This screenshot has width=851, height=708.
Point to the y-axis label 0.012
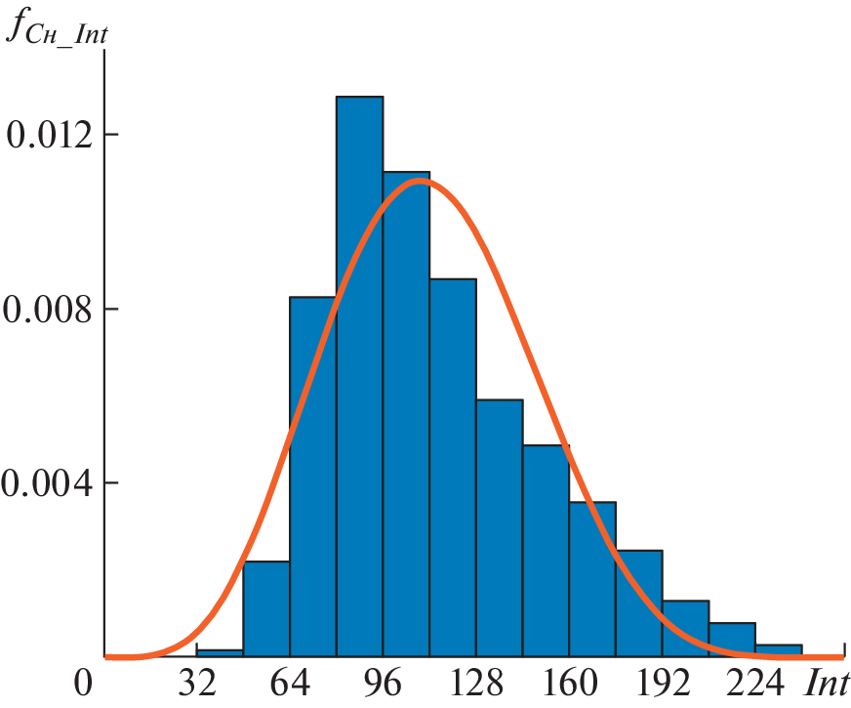(49, 134)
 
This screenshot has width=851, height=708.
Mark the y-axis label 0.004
(49, 483)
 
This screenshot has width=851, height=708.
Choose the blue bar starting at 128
(499, 527)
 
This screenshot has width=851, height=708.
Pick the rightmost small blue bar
(778, 650)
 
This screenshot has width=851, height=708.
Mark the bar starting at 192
(685, 628)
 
